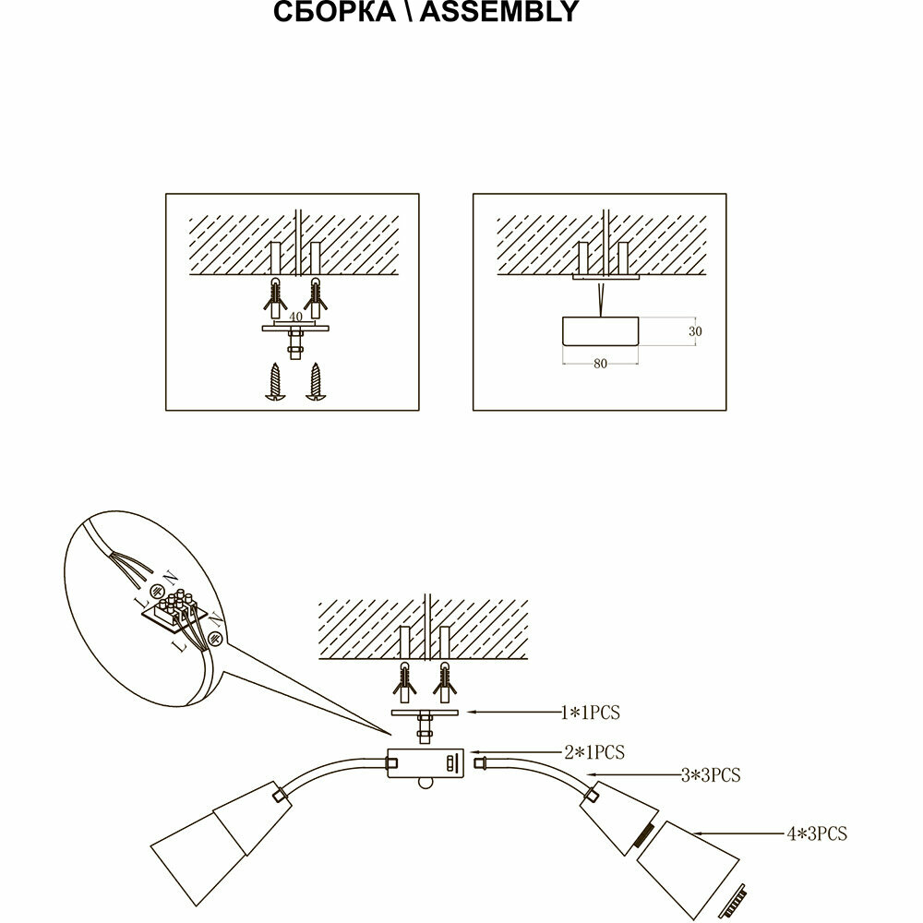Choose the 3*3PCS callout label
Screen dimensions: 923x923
(x=710, y=775)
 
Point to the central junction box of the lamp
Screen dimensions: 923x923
(x=426, y=763)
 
